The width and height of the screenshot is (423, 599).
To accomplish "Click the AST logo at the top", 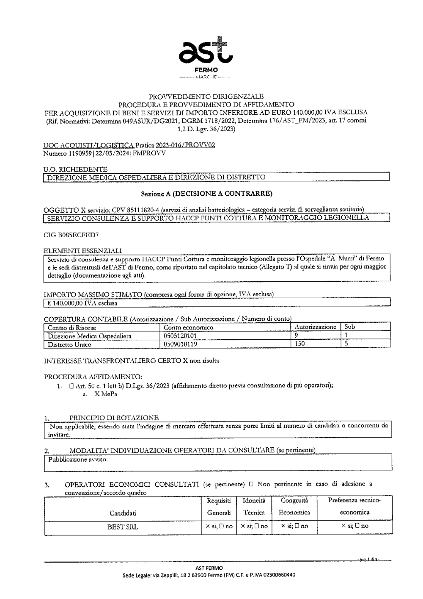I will pos(206,52).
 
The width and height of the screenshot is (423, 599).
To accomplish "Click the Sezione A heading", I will pos(206,194).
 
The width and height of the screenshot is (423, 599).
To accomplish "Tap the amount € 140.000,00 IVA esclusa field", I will pos(82,303).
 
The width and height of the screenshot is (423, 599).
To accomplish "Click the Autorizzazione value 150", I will pos(299,344).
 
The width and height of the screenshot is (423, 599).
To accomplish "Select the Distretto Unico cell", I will pos(69,344).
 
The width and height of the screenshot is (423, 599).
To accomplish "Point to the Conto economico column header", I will pos(188,327).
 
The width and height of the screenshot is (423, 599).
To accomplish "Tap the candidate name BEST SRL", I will pos(123,527).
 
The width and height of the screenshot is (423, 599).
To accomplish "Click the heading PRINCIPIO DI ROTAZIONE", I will pos(114,418).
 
